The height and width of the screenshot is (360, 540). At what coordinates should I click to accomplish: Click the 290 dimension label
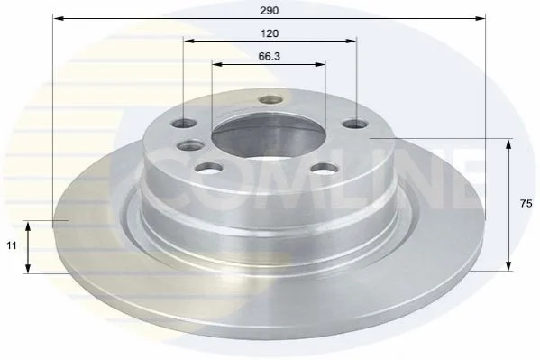[x=270, y=11]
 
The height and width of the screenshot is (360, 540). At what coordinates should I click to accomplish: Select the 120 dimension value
[x=270, y=33]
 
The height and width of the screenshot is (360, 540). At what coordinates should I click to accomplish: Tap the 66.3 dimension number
[x=270, y=56]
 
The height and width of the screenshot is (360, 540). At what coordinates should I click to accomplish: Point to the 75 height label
[x=526, y=204]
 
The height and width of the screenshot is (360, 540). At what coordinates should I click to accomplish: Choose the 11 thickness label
[x=12, y=245]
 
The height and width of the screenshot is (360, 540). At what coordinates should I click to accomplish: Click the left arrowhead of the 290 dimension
[x=59, y=18]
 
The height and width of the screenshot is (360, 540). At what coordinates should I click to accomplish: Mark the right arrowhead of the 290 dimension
[x=480, y=18]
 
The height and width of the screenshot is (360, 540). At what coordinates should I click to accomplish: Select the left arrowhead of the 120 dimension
[x=189, y=41]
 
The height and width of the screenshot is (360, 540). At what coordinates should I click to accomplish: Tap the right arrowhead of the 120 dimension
[x=351, y=41]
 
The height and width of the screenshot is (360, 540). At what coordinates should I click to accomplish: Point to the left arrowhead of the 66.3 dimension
[x=217, y=64]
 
